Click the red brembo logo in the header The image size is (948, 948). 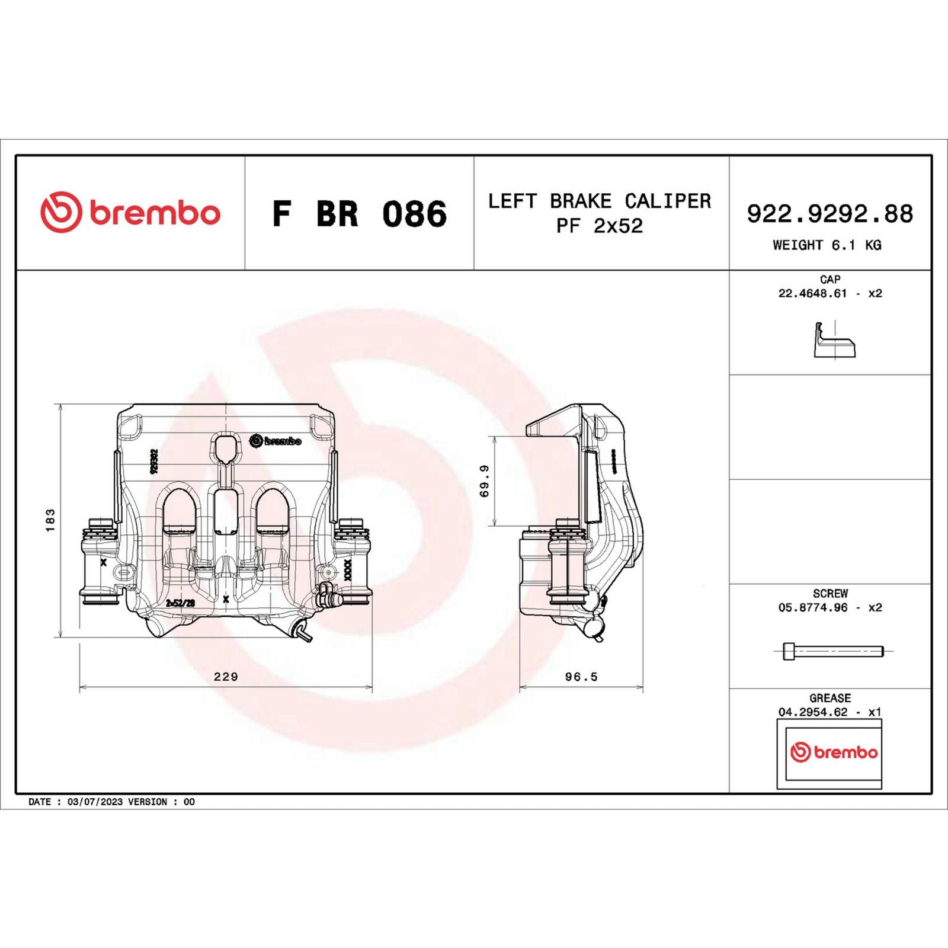[130, 212]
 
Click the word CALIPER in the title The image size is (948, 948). [668, 201]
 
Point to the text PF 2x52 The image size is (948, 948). [599, 226]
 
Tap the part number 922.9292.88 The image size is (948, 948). [829, 214]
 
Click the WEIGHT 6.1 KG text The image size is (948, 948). [827, 245]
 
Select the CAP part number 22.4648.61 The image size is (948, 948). [812, 293]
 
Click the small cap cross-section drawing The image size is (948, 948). [834, 340]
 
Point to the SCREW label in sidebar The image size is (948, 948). [830, 593]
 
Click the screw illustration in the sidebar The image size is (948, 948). [832, 651]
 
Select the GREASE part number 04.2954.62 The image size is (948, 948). [812, 712]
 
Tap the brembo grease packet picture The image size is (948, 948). [829, 753]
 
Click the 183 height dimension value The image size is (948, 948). [50, 520]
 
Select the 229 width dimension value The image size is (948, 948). [226, 677]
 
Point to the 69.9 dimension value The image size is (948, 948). [485, 481]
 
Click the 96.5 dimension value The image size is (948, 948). [581, 677]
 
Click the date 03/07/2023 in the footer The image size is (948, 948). [96, 802]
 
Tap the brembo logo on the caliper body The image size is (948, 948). [276, 441]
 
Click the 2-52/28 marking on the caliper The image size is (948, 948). [180, 603]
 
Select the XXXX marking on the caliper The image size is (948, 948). [348, 569]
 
